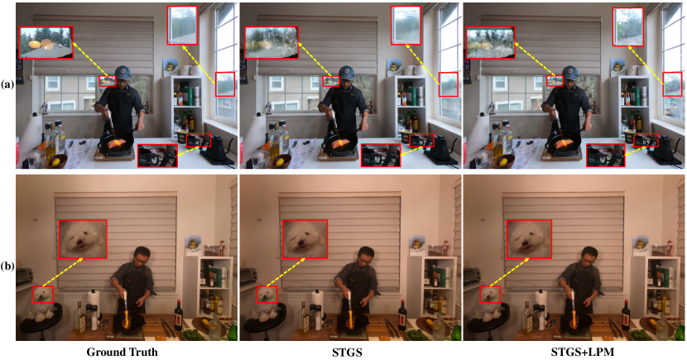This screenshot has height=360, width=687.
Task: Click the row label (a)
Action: click(x=7, y=84)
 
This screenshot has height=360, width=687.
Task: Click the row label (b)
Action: click(x=7, y=266)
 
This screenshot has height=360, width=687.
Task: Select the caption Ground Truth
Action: click(x=122, y=352)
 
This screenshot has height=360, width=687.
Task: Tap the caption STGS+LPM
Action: click(x=574, y=352)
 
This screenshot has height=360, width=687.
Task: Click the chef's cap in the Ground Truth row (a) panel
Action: click(x=123, y=72)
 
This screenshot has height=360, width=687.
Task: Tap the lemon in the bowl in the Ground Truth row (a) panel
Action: click(x=56, y=161)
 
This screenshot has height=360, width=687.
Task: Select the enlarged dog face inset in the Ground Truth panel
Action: click(x=84, y=239)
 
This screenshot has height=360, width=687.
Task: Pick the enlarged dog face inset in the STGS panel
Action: click(x=307, y=239)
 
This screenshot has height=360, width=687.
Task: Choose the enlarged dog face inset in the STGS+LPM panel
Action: click(x=529, y=239)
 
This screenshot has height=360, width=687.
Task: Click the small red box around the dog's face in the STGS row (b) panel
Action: click(x=267, y=295)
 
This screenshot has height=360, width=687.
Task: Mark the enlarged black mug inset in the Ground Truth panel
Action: click(x=158, y=156)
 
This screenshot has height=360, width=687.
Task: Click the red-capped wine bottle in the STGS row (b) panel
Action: click(x=402, y=315)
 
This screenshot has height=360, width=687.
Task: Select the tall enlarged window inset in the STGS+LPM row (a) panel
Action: click(x=628, y=26)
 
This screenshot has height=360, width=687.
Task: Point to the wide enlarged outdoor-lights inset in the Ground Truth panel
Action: click(x=46, y=42)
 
